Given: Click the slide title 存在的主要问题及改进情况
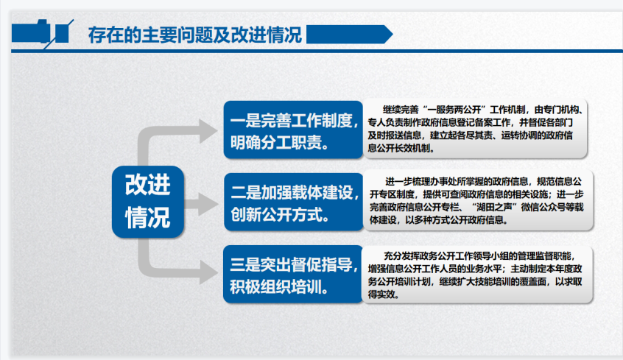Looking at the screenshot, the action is pos(194,35).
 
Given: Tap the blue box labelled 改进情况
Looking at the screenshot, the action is pos(148,202).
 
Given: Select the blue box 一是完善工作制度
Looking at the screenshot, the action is pos(293,130).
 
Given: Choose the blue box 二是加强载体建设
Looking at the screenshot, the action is pos(294,202).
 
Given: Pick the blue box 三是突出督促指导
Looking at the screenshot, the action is pos(293,274).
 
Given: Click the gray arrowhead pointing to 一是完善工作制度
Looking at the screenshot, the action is pos(208,131).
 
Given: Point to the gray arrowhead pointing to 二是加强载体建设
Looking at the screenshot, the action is pos(208,204).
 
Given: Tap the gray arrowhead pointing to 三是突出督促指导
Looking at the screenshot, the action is pos(208,272).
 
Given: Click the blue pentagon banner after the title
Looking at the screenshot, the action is pos(350,34).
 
